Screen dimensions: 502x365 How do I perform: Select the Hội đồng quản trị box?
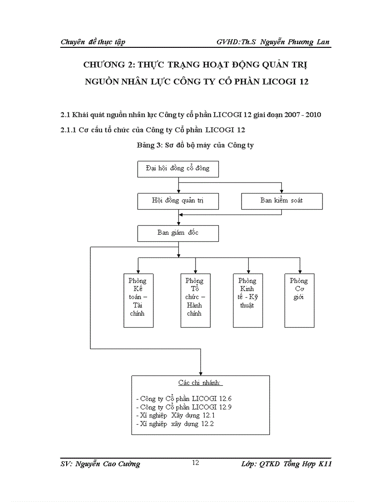tap(178, 201)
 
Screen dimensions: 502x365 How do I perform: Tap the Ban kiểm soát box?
tap(282, 201)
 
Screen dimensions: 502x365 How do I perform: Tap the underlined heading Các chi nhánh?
tap(200, 384)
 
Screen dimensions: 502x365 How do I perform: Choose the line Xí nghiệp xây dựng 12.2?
tap(174, 424)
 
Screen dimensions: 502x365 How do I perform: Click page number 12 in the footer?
tap(195, 463)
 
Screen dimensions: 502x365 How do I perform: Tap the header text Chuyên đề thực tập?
tap(93, 42)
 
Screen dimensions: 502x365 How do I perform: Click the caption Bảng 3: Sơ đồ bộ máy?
tap(195, 145)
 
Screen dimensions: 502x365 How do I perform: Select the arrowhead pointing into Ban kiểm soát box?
tap(281, 191)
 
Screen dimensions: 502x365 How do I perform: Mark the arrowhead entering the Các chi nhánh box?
tap(200, 373)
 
